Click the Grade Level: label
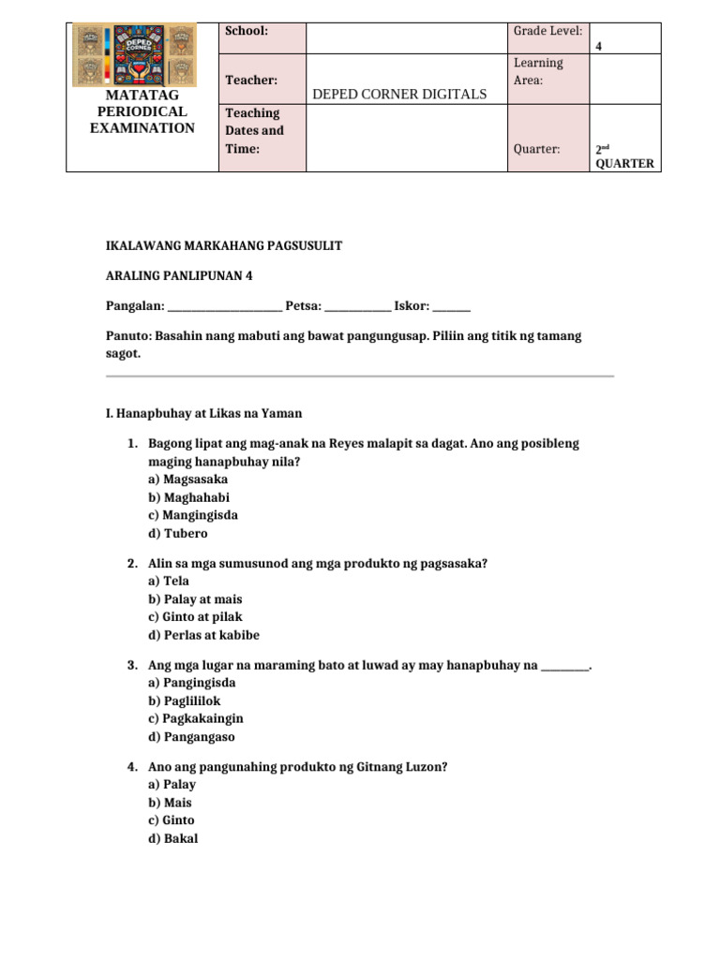tap(547, 31)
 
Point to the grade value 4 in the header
tap(599, 45)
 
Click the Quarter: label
tap(537, 149)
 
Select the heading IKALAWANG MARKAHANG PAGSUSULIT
tap(224, 245)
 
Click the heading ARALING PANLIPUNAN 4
tap(179, 275)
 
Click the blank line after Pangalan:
tap(223, 306)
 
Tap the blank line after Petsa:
tap(357, 306)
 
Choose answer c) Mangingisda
tap(192, 515)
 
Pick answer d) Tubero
tap(177, 534)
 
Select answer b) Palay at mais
tap(195, 598)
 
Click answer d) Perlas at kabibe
tap(203, 635)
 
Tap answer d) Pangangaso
tap(191, 737)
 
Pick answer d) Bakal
tap(172, 838)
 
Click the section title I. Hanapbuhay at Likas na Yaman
tap(202, 413)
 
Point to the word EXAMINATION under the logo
tap(142, 128)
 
